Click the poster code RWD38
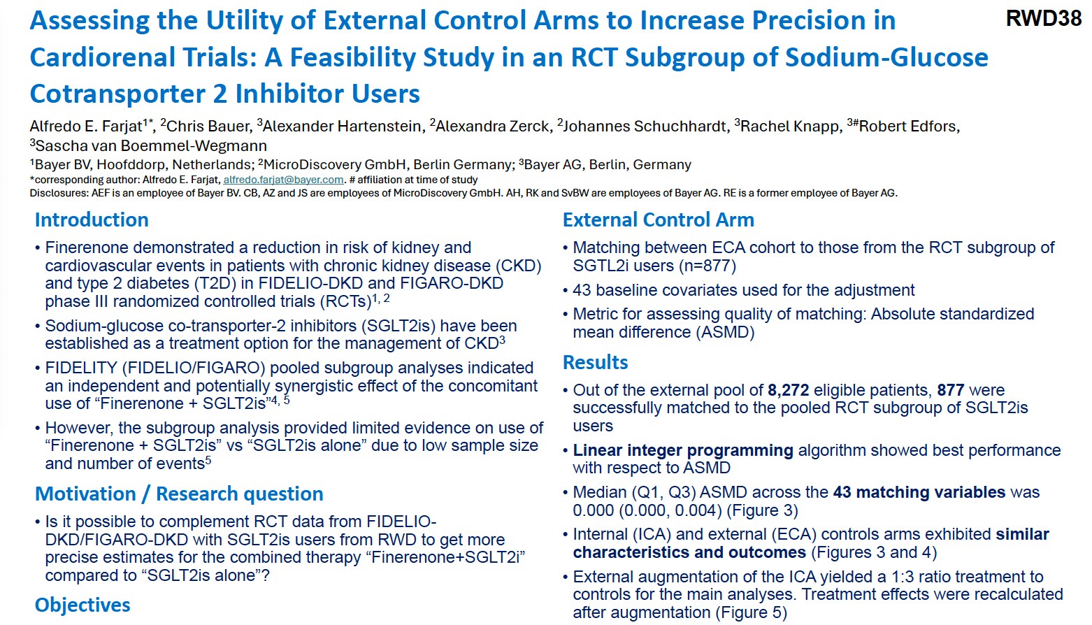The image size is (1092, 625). click(1043, 19)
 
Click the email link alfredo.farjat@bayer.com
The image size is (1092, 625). click(283, 180)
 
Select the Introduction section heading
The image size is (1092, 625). click(92, 220)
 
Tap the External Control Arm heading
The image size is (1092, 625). click(658, 220)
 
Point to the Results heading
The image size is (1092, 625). click(595, 362)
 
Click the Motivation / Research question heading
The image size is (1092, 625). click(179, 494)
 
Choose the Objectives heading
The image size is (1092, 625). click(82, 605)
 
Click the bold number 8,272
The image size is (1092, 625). click(788, 390)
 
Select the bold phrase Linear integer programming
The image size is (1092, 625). click(682, 450)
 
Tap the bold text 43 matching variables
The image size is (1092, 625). click(919, 492)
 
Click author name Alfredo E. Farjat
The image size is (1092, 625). click(86, 127)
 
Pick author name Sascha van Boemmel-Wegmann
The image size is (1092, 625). click(151, 146)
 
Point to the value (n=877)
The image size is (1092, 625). click(707, 266)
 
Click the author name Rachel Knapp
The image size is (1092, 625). click(790, 127)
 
